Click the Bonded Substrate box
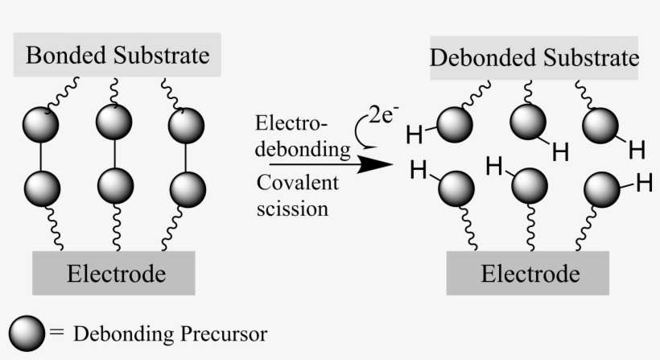tap(118, 56)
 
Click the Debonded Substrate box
tap(534, 58)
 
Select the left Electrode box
tap(113, 273)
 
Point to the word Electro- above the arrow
tap(291, 123)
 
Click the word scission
tap(292, 209)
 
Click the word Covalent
tap(298, 183)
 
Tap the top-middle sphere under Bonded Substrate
tap(113, 122)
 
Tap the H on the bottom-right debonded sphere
tap(643, 183)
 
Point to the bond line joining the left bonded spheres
tap(40, 156)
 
